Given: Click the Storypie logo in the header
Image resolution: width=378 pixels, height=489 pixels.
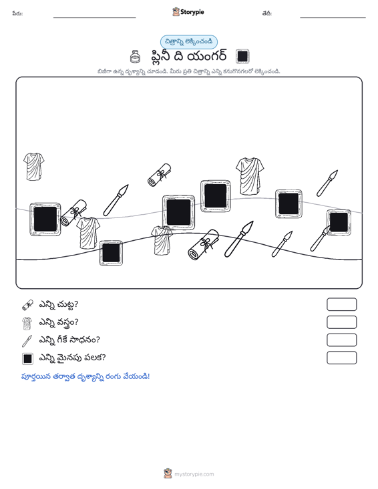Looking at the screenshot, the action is pyautogui.click(x=188, y=12).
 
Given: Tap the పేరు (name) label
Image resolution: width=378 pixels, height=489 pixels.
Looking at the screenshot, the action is pyautogui.click(x=17, y=13).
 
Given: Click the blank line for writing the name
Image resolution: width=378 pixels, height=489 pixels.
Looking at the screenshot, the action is pyautogui.click(x=95, y=17).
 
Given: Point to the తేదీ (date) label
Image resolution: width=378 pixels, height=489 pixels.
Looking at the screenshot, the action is pyautogui.click(x=267, y=13).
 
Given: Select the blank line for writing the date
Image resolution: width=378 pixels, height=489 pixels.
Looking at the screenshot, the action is pyautogui.click(x=333, y=17).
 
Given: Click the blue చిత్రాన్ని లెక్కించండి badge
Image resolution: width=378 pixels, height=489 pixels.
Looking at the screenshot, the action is pyautogui.click(x=189, y=42).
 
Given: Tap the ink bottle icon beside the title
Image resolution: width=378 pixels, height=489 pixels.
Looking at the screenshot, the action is pyautogui.click(x=134, y=57).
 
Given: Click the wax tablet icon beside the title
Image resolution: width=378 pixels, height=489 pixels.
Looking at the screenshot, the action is pyautogui.click(x=242, y=57).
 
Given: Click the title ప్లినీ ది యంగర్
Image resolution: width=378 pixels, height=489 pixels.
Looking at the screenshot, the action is pyautogui.click(x=188, y=57).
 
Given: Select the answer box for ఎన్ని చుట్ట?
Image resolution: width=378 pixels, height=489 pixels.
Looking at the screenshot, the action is pyautogui.click(x=341, y=304).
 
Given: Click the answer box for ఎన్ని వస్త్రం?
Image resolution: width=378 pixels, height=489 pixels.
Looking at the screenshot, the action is pyautogui.click(x=341, y=322).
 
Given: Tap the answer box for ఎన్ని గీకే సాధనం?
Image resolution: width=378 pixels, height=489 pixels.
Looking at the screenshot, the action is pyautogui.click(x=341, y=340).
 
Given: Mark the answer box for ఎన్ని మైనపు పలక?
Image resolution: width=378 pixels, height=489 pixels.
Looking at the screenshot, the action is pyautogui.click(x=341, y=358).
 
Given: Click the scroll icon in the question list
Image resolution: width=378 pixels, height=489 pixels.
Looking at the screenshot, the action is pyautogui.click(x=27, y=305).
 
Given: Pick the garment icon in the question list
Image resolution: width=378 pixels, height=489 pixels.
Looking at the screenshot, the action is pyautogui.click(x=27, y=324).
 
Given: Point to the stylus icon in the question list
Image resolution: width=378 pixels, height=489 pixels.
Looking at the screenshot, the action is pyautogui.click(x=27, y=341).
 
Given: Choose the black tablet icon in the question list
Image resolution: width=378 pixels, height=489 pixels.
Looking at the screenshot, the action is pyautogui.click(x=27, y=359).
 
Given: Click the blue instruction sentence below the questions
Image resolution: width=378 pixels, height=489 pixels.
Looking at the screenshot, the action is pyautogui.click(x=85, y=376).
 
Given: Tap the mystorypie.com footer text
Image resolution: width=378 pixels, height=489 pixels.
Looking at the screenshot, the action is pyautogui.click(x=194, y=474).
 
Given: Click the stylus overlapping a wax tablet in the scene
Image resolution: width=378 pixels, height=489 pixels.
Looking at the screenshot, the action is pyautogui.click(x=320, y=238).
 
